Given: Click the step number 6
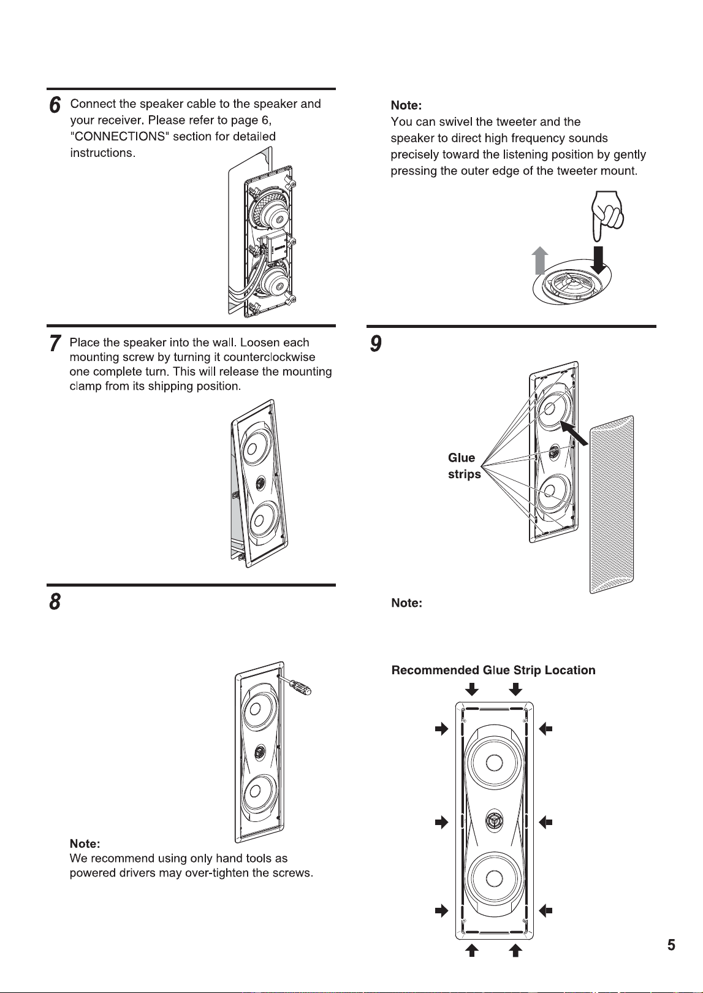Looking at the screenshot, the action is [x=55, y=105].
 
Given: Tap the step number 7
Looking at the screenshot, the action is [x=55, y=343].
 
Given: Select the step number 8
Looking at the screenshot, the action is [x=55, y=601].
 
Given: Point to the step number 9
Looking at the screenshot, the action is [x=376, y=343].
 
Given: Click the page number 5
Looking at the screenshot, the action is [x=671, y=945].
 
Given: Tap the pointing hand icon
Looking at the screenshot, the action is [x=607, y=216].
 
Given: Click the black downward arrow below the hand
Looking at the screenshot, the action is [x=598, y=261].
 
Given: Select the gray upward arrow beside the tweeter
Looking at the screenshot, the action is [x=540, y=261].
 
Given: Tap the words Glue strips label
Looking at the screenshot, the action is [x=464, y=466].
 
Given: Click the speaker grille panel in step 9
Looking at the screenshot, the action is [x=612, y=504].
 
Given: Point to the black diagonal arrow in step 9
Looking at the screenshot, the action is [x=574, y=433].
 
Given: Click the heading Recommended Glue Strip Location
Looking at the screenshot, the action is [x=493, y=670].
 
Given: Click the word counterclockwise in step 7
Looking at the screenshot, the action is [x=270, y=357].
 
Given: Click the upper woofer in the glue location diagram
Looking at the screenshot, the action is [x=494, y=763].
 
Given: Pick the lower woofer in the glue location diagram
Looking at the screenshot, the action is [x=494, y=878].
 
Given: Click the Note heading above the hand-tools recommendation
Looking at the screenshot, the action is [x=85, y=843].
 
